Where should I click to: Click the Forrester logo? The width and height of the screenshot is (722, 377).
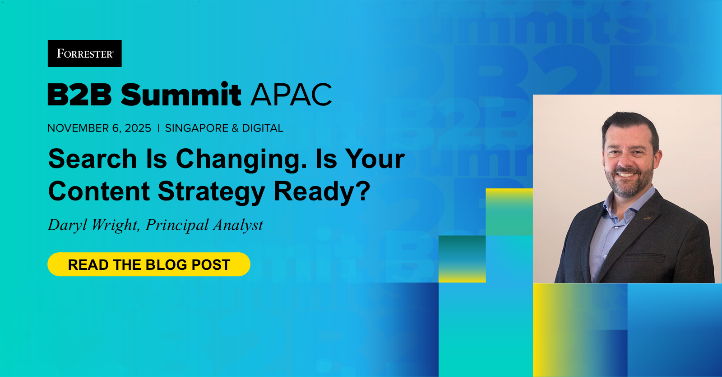point(84,54)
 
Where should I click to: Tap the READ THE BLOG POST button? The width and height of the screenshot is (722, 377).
point(149,264)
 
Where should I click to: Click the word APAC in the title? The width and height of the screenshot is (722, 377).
point(292,95)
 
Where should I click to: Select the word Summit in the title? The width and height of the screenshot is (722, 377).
point(181,95)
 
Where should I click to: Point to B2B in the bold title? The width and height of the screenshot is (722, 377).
point(79,95)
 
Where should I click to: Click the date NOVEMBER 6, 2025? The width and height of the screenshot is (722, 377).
point(99,128)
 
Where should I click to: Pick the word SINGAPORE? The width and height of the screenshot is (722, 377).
point(196,128)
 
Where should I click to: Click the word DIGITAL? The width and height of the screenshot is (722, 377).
point(263,128)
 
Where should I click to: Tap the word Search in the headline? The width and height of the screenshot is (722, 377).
point(93,159)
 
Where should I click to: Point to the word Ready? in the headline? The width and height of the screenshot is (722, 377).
point(322,191)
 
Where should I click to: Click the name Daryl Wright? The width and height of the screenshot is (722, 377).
point(93,225)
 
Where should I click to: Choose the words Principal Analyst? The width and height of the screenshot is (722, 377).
point(204,225)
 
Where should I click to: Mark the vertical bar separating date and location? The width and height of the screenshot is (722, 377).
point(158,128)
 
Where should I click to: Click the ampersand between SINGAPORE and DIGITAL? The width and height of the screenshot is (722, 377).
point(235,128)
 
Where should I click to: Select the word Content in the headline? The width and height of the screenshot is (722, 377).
point(99,191)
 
